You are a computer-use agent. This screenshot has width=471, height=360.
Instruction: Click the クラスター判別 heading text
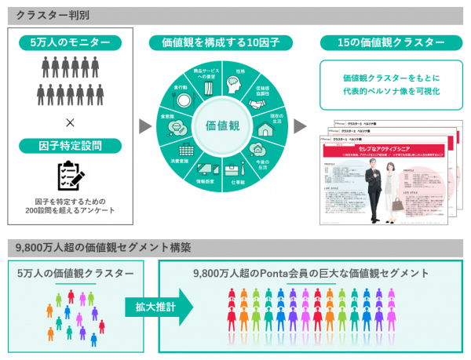[46, 14]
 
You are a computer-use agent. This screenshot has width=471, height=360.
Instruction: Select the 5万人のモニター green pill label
[69, 43]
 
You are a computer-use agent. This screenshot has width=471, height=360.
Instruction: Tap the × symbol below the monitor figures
[70, 123]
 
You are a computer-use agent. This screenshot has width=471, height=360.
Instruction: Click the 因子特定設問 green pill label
[69, 145]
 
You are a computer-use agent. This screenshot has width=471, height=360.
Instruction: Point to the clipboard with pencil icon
[70, 177]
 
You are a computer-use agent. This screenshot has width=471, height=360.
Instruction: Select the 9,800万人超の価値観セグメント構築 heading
[103, 248]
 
